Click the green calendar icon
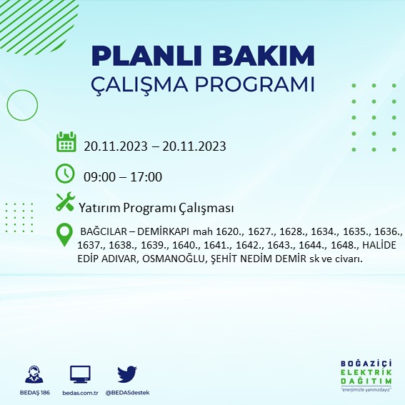66,143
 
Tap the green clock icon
65,174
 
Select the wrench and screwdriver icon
65,203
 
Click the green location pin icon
64,234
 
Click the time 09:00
98,177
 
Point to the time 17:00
147,177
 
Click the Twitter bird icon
127,374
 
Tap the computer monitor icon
80,374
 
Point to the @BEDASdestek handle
128,393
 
